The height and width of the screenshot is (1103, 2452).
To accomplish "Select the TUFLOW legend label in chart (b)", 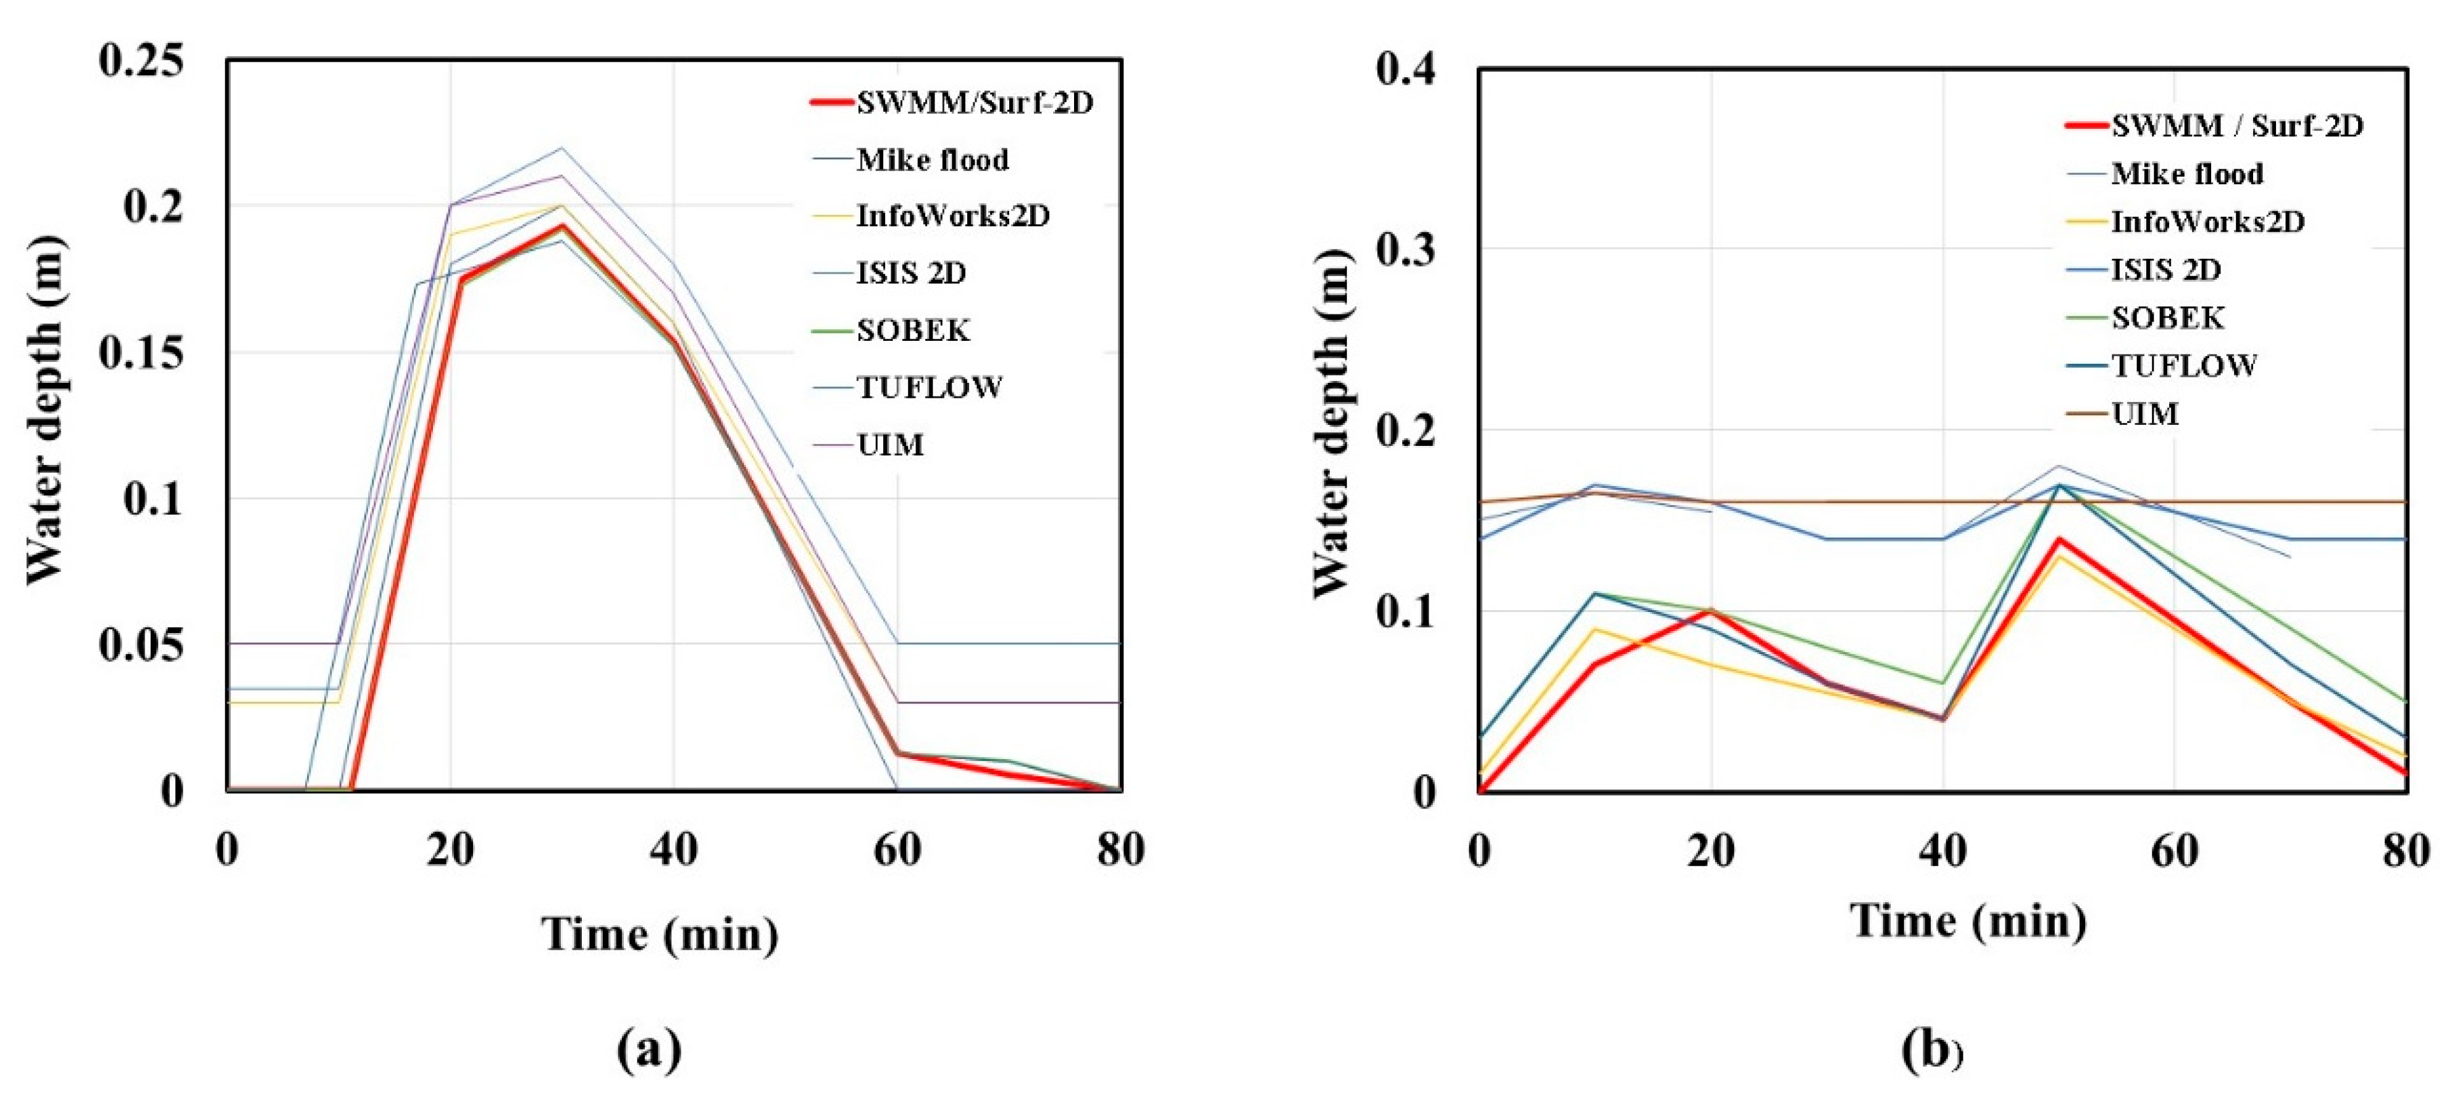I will pos(2183,366).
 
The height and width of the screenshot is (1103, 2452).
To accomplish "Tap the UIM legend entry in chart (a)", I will pos(890,445).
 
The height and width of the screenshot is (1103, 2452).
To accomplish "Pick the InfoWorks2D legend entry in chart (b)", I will pos(2207,222).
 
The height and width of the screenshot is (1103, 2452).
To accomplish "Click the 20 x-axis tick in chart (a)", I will pos(450,849).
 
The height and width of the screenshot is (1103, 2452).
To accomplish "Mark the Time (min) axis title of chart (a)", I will pos(660,934).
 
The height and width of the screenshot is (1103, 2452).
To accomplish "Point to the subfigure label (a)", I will pos(649,1050).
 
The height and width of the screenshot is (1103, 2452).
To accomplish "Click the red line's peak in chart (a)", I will pos(563,225).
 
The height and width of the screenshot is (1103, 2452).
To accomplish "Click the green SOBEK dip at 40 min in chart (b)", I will pos(1942,682).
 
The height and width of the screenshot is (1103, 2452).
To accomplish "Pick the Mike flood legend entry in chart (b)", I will pos(2186,174).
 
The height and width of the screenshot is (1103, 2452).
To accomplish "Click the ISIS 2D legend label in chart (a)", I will pos(911,273).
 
